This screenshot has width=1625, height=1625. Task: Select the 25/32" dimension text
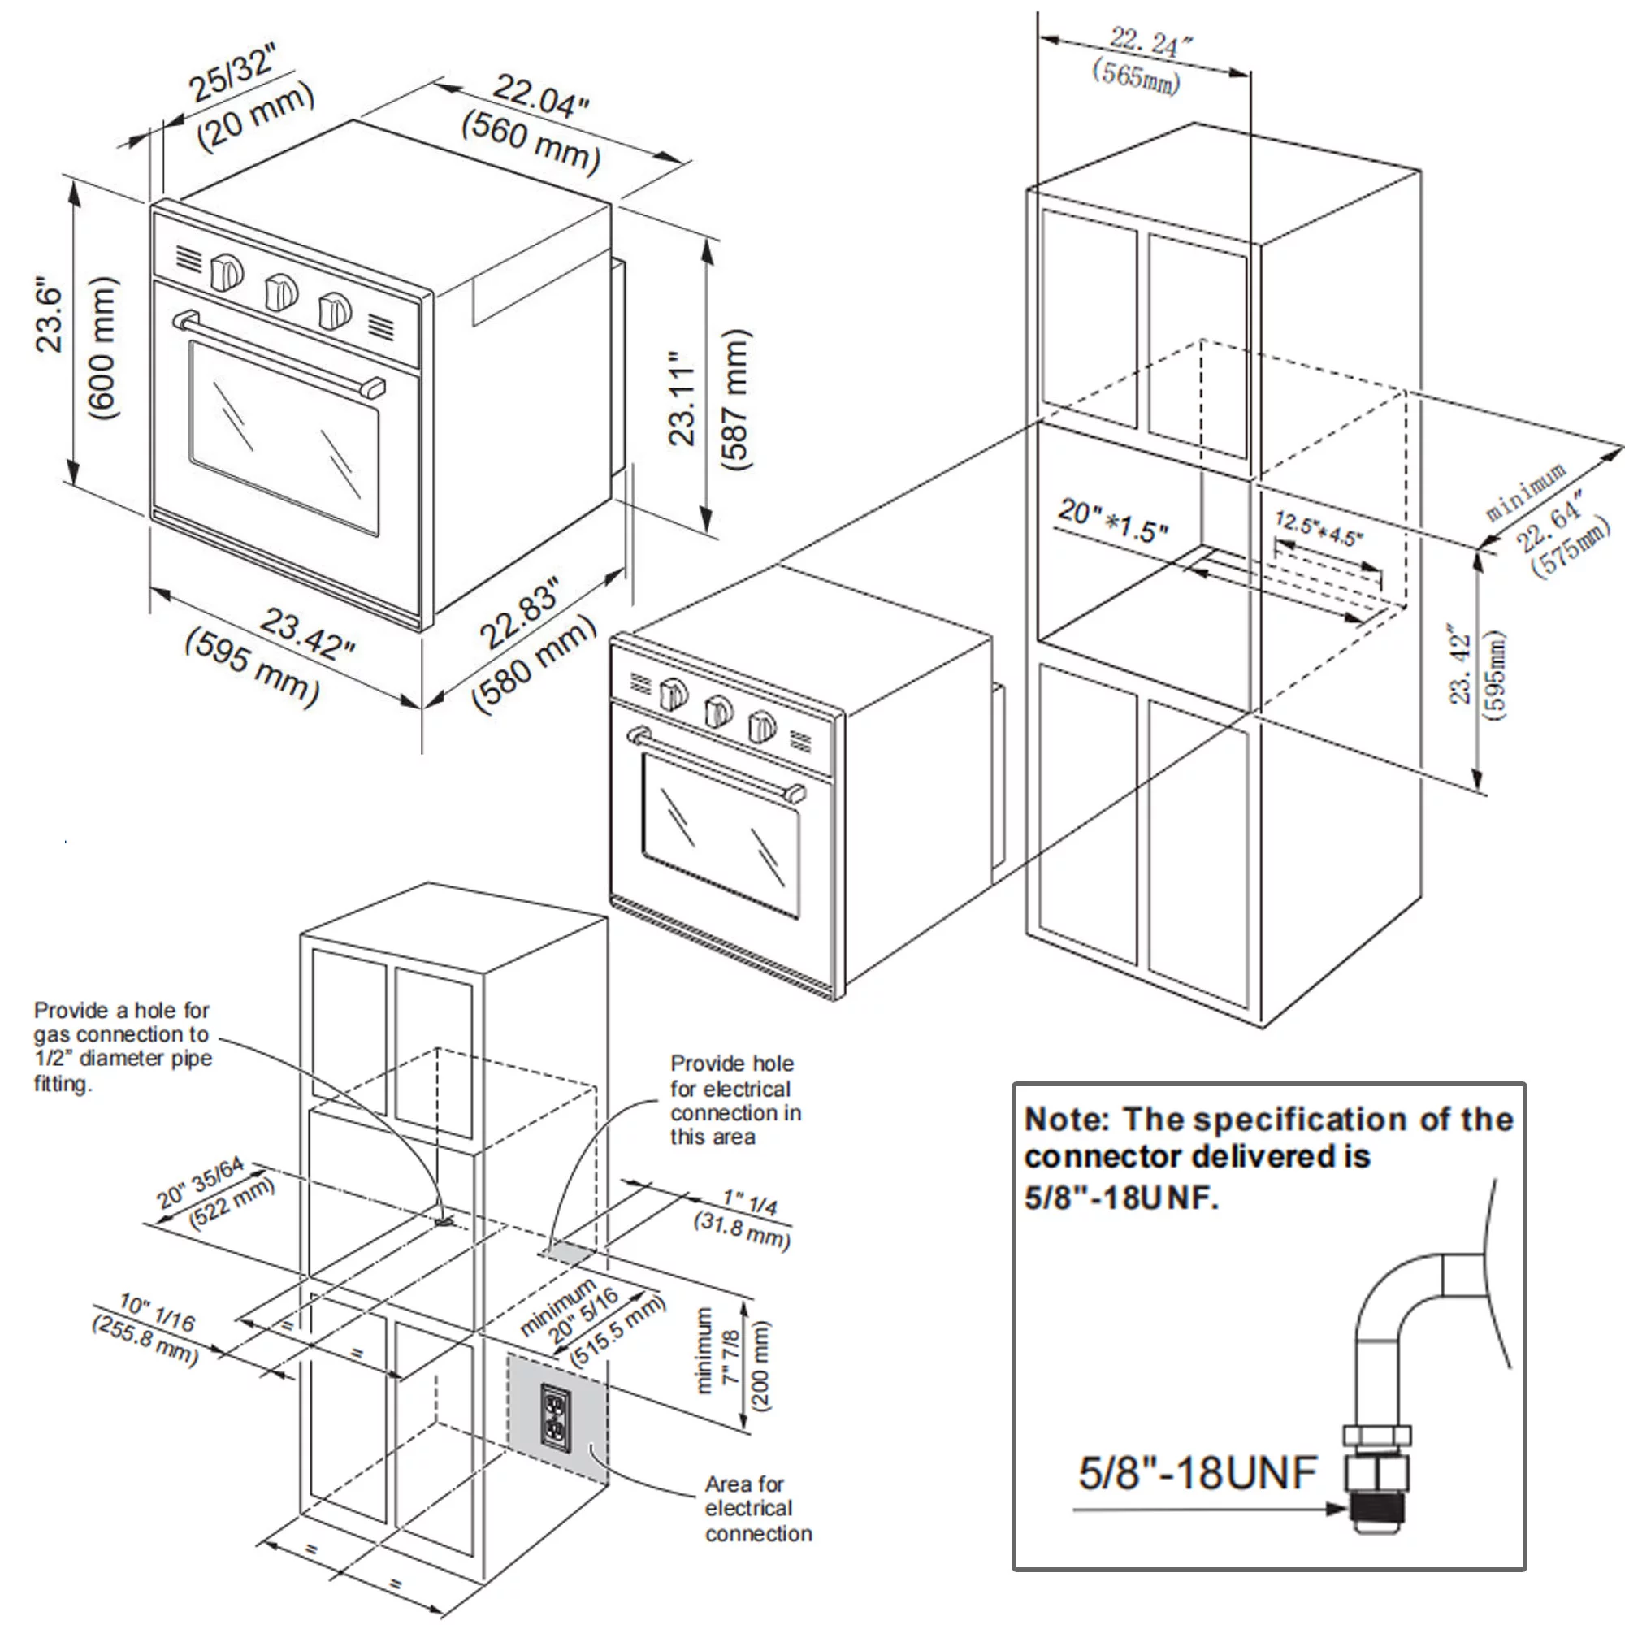pyautogui.click(x=232, y=74)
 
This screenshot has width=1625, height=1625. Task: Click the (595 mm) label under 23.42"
pyautogui.click(x=253, y=667)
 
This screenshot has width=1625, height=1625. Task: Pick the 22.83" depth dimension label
pyautogui.click(x=519, y=613)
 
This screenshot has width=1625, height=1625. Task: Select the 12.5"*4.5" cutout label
pyautogui.click(x=1318, y=528)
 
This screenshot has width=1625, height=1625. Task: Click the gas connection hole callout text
pyautogui.click(x=122, y=1046)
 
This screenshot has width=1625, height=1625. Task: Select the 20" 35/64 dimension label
pyautogui.click(x=200, y=1181)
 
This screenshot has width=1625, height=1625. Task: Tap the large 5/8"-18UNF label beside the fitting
pyautogui.click(x=1197, y=1473)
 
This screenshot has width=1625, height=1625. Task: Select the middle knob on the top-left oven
pyautogui.click(x=281, y=292)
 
